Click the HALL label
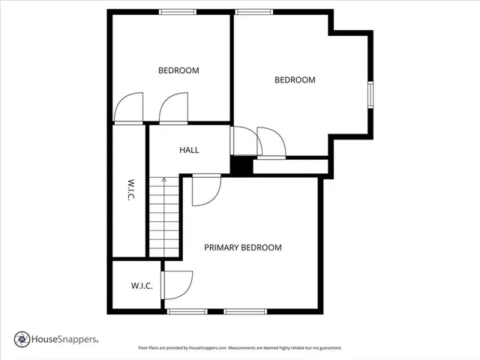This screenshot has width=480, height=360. [189, 150]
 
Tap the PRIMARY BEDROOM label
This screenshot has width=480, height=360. [243, 247]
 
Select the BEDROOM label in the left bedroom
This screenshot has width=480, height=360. [178, 70]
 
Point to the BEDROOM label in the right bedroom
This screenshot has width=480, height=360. [295, 79]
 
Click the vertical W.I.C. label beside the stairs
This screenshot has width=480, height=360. [129, 190]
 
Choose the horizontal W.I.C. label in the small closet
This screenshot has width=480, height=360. [142, 286]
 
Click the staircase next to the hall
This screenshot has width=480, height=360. [164, 217]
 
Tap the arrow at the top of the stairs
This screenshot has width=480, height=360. [164, 180]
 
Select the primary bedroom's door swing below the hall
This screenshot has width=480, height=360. [205, 189]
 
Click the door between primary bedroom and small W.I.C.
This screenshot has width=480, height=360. [176, 284]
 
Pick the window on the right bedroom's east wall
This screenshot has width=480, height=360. [370, 94]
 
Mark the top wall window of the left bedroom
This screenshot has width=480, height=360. [178, 11]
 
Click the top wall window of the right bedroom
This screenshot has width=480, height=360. [253, 11]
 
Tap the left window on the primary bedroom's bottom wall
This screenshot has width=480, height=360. [187, 311]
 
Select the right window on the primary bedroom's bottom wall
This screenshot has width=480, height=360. [244, 311]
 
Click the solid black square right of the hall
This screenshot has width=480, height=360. [240, 166]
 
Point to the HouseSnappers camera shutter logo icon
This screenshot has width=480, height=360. [22, 339]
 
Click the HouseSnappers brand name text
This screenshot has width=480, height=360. [64, 340]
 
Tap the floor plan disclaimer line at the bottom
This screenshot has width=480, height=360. [240, 348]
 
